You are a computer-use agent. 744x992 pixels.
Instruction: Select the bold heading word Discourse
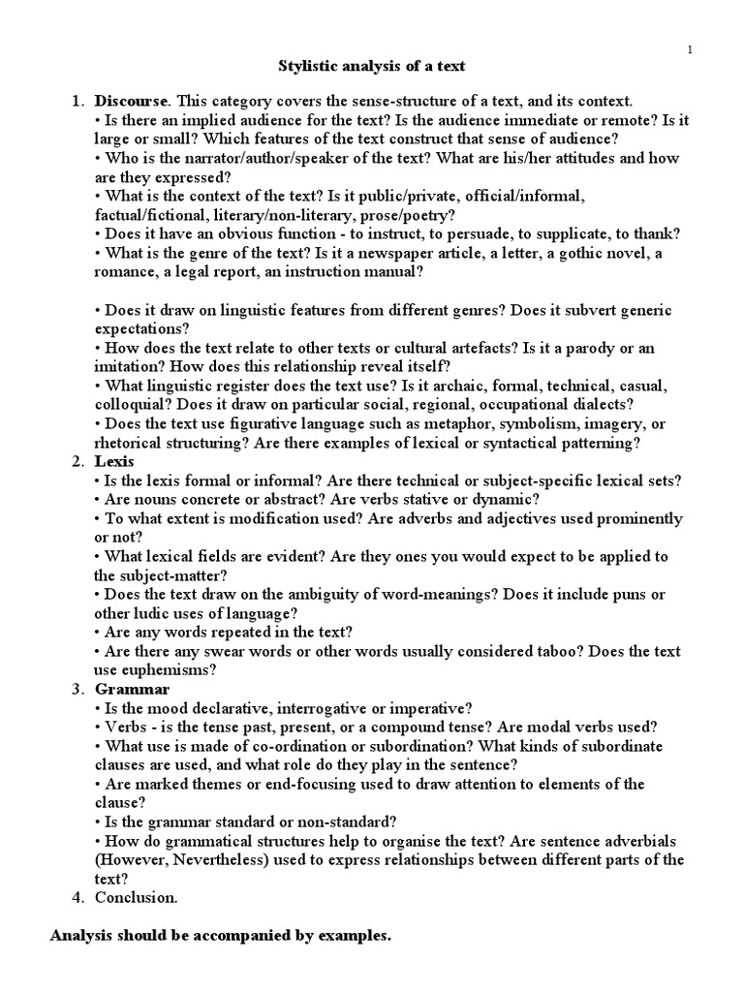tap(131, 101)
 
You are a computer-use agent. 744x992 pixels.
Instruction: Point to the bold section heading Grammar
tap(132, 689)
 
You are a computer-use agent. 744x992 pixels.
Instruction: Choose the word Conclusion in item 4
tap(136, 897)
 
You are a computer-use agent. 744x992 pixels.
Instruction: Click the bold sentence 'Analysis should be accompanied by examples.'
tap(219, 937)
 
